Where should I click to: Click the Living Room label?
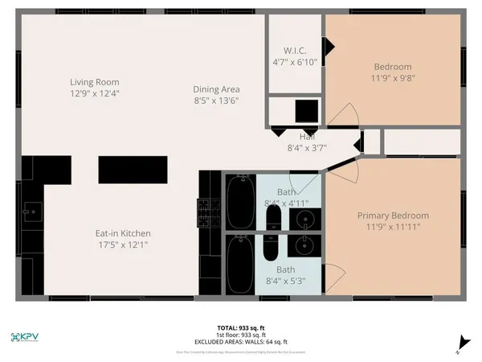pos(94,81)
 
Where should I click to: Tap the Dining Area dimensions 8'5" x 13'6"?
pos(216,101)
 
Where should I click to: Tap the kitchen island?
pos(133,171)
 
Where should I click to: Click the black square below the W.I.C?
pos(306,109)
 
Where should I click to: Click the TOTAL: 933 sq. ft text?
pos(241,327)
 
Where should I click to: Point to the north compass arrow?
pos(459,341)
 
